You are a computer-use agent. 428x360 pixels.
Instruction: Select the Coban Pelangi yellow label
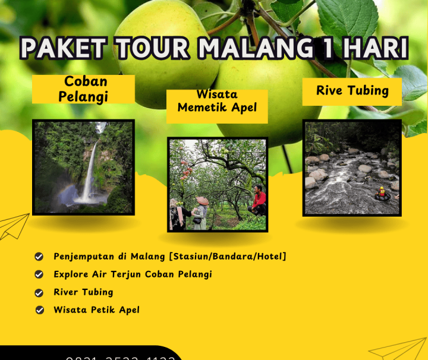83,89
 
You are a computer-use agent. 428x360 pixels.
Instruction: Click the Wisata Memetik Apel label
217,102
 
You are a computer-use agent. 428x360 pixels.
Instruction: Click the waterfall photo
83,167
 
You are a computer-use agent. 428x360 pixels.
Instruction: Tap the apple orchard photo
217,184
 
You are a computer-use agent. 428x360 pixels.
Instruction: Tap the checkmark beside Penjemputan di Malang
39,257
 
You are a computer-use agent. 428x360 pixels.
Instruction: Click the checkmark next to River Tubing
39,292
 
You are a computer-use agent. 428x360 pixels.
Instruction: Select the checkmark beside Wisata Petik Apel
39,310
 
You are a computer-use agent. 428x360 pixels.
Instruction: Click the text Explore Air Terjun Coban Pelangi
133,274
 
